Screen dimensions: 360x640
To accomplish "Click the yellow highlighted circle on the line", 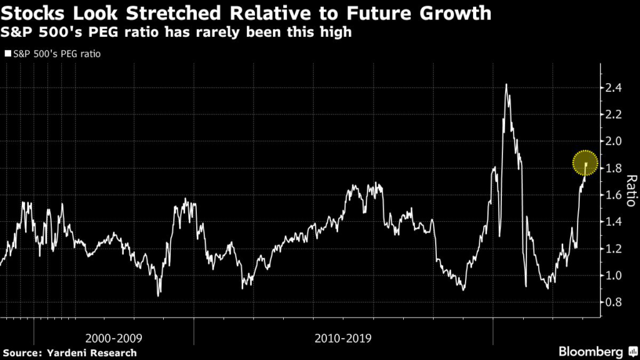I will pyautogui.click(x=586, y=163).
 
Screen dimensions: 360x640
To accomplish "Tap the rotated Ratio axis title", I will pyautogui.click(x=630, y=190).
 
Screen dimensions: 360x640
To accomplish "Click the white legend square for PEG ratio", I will pyautogui.click(x=7, y=54).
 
